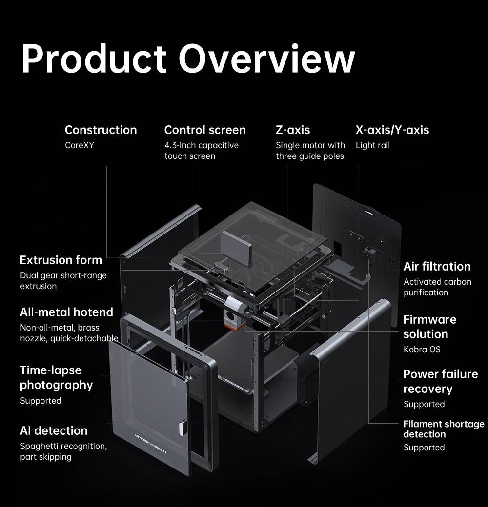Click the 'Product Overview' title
point(188,58)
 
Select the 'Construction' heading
point(101,130)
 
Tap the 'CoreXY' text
point(80,145)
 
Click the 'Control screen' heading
point(205,130)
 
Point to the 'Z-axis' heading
point(293,130)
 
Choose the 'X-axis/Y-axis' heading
point(392,130)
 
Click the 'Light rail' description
point(373,145)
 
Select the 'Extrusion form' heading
point(61,260)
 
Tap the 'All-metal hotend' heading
point(66,312)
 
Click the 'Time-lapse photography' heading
point(56,377)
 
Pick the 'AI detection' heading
point(54,431)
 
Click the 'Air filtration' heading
point(437,266)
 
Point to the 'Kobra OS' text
point(422,350)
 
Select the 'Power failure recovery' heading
point(440,381)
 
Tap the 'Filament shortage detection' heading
point(444,429)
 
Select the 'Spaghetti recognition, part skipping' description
point(63,451)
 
